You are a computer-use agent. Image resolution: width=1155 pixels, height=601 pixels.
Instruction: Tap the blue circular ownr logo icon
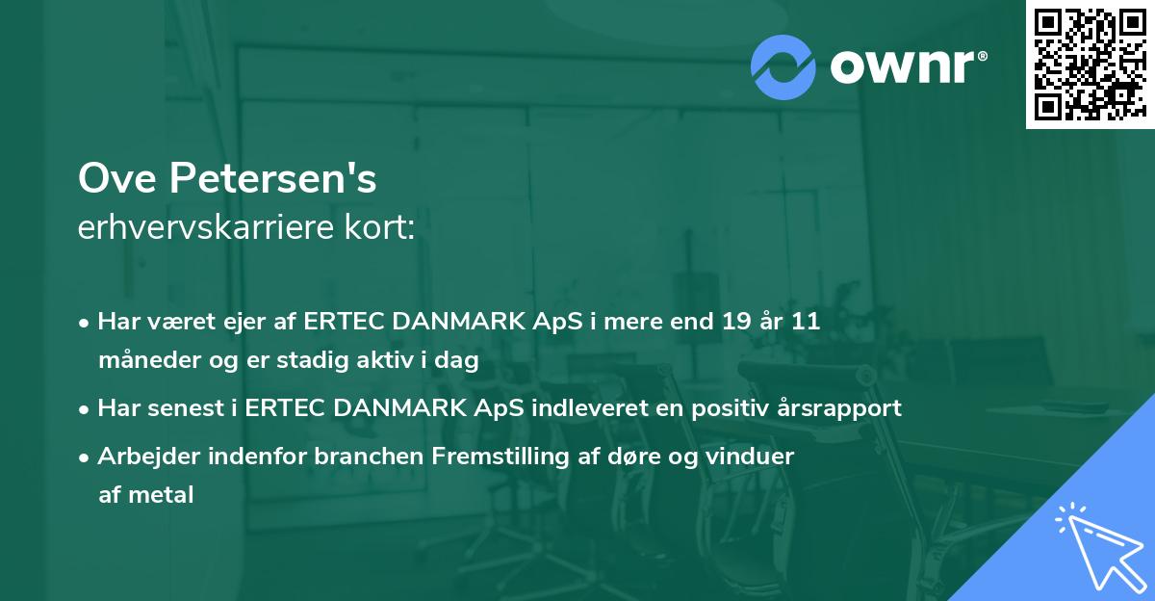(x=783, y=65)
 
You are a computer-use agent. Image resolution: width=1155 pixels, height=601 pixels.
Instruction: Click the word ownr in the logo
(x=902, y=65)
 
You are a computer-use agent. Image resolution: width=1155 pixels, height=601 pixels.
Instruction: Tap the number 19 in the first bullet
(x=738, y=322)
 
